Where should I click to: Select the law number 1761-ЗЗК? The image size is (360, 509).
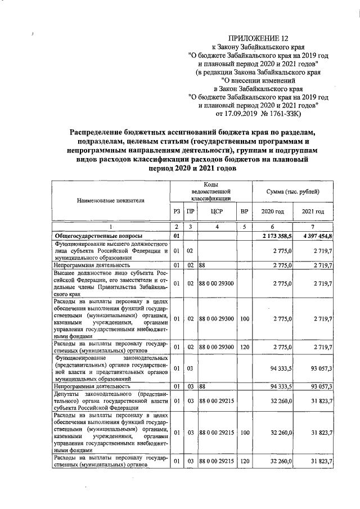click(286, 114)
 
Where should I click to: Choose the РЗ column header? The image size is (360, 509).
click(177, 211)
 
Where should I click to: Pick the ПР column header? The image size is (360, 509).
click(191, 211)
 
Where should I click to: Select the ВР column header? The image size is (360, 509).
click(244, 211)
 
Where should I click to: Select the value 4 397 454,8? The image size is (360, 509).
click(317, 235)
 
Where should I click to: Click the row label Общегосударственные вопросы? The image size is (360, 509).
click(97, 235)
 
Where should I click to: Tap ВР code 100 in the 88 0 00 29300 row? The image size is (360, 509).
click(244, 319)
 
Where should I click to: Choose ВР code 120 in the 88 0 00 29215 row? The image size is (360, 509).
click(244, 462)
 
